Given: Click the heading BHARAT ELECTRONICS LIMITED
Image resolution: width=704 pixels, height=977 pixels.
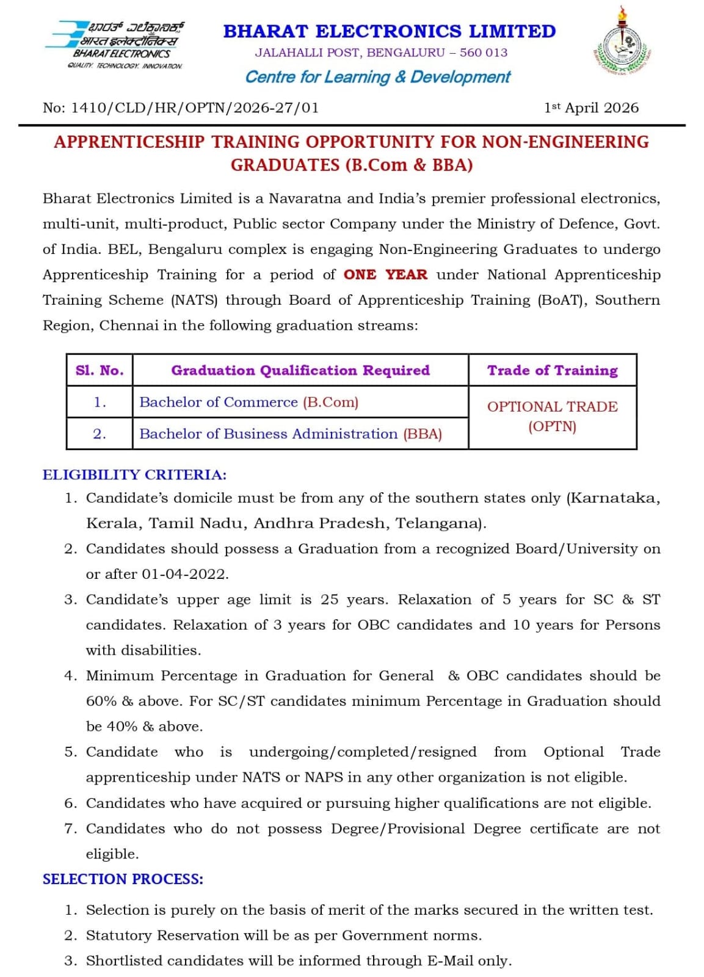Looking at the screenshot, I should [x=389, y=31].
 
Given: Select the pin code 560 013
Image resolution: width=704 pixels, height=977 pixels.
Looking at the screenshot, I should [x=484, y=53].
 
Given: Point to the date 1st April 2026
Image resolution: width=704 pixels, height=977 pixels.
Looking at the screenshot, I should [x=591, y=108].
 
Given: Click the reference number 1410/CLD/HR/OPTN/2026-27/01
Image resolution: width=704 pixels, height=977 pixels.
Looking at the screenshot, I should [x=195, y=108].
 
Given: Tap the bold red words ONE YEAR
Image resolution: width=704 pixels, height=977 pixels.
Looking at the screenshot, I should [x=385, y=275].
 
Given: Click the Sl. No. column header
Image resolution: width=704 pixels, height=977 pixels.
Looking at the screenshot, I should [x=100, y=371].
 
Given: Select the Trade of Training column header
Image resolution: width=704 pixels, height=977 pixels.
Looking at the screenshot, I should [x=552, y=371].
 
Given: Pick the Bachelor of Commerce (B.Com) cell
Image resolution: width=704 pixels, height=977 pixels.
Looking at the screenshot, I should [x=249, y=402].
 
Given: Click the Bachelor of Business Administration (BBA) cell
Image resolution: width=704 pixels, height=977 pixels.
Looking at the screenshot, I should [x=290, y=434].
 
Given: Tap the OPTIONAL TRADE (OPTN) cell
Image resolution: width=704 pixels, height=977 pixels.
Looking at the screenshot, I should [x=552, y=416].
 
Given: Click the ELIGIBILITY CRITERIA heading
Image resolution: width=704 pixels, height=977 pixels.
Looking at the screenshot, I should [x=134, y=475].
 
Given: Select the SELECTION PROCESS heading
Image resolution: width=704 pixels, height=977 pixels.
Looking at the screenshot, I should [x=123, y=879].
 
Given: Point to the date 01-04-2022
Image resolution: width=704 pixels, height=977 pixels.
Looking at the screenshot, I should [x=184, y=575].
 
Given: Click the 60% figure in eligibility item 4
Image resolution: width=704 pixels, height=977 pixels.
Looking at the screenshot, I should [x=101, y=702].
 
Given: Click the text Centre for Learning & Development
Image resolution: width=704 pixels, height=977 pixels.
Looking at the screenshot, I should [x=377, y=78].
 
